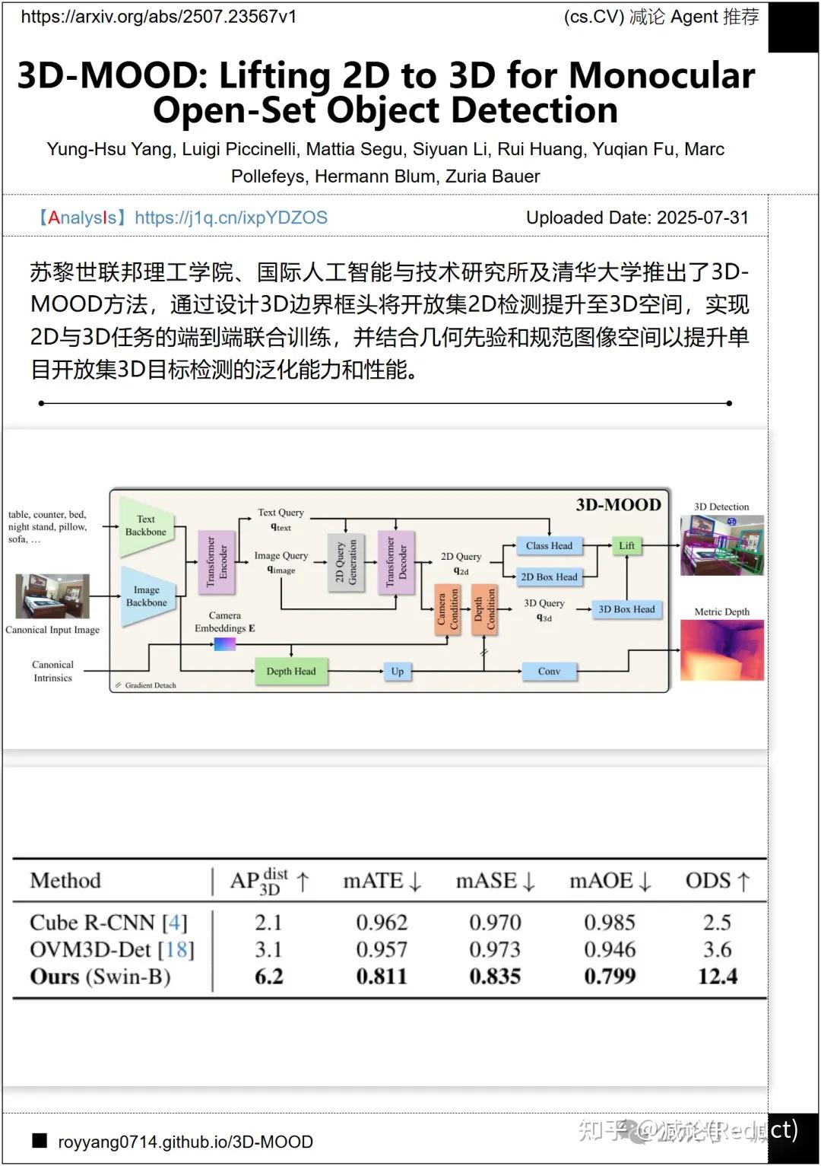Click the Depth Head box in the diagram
[x=291, y=671]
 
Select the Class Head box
[x=549, y=545]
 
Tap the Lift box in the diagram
[x=626, y=545]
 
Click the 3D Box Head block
[x=626, y=609]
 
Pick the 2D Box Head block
[x=549, y=577]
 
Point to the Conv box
[x=549, y=671]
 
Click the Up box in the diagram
[x=397, y=671]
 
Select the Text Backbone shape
[x=146, y=526]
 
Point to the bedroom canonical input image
[x=52, y=596]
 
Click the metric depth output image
[x=721, y=650]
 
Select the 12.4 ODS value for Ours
[x=717, y=976]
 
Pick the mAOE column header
[x=610, y=881]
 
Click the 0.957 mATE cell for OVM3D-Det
[x=382, y=949]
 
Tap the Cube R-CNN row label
[x=108, y=923]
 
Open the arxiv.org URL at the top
[x=159, y=17]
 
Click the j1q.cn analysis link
[x=231, y=218]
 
